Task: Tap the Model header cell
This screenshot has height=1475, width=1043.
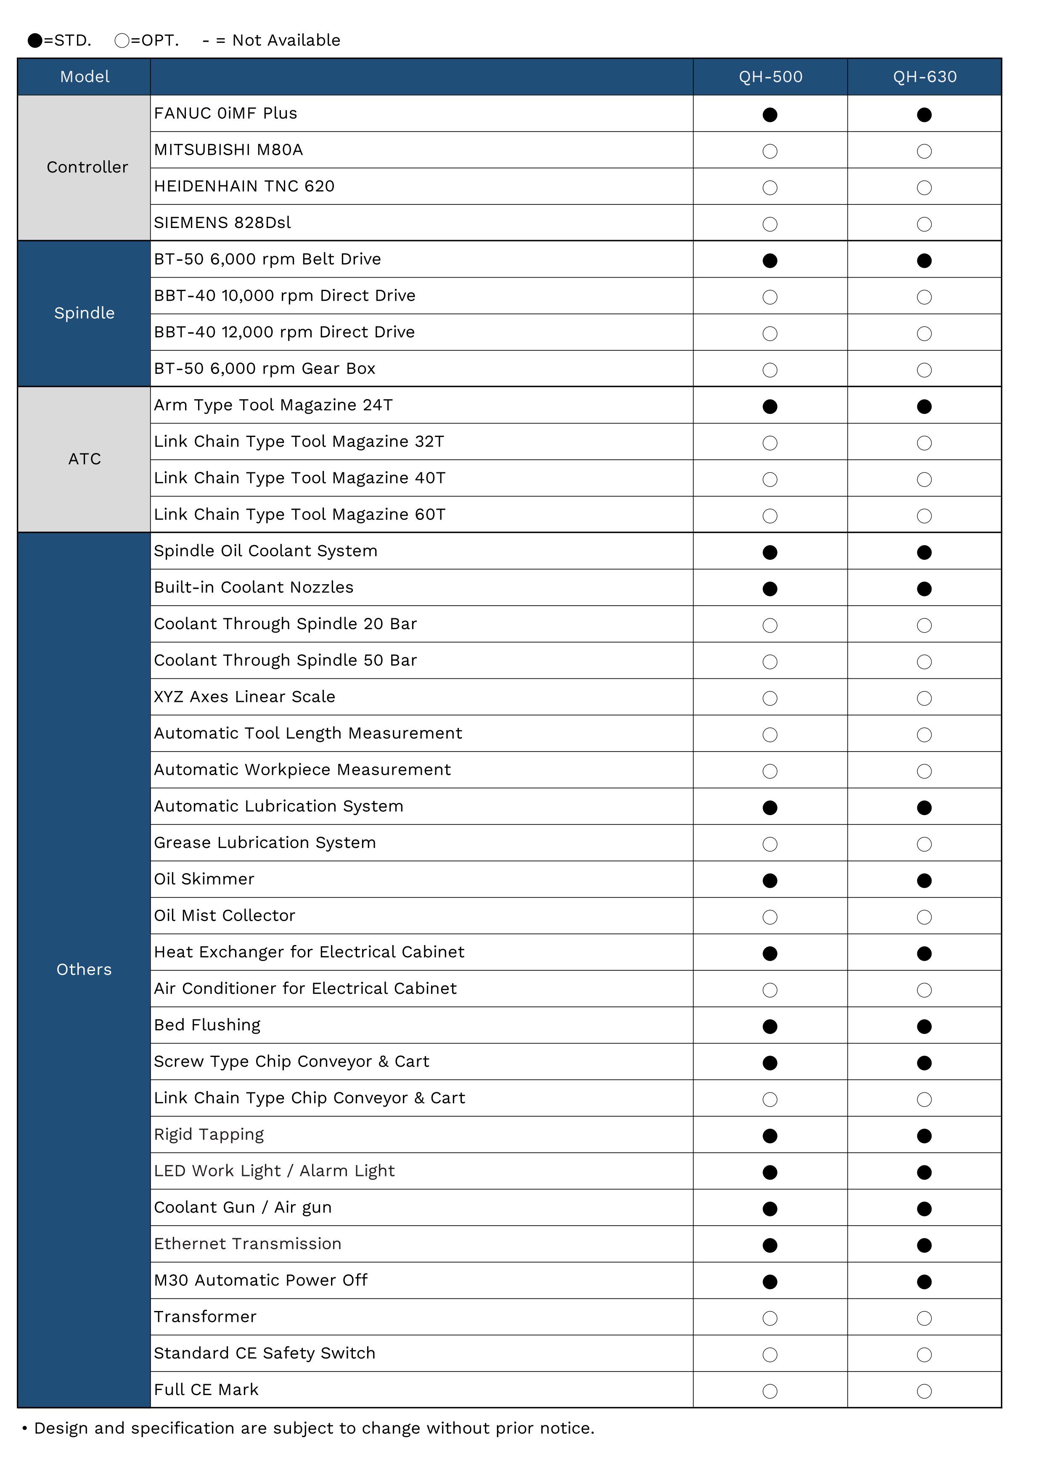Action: click(85, 77)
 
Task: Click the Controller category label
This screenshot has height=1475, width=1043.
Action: click(87, 167)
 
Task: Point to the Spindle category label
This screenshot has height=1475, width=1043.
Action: click(84, 313)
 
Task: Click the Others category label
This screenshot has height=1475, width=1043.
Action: click(84, 969)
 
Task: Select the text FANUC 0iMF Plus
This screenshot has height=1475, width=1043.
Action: click(225, 114)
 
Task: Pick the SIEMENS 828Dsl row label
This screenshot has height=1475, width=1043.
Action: click(222, 223)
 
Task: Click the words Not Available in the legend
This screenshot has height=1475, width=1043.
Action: click(286, 40)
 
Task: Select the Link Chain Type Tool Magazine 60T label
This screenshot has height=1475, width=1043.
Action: click(299, 514)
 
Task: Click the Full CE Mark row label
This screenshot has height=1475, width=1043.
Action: click(206, 1390)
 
